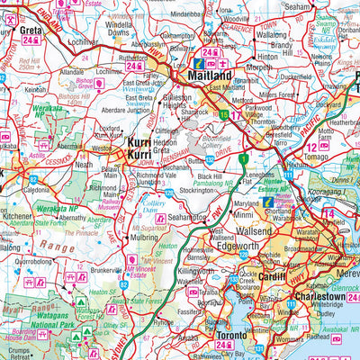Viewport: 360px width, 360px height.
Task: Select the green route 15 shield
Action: pos(223,113)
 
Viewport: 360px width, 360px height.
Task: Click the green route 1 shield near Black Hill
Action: pos(243,159)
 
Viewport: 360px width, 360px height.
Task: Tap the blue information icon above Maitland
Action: pos(200,66)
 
